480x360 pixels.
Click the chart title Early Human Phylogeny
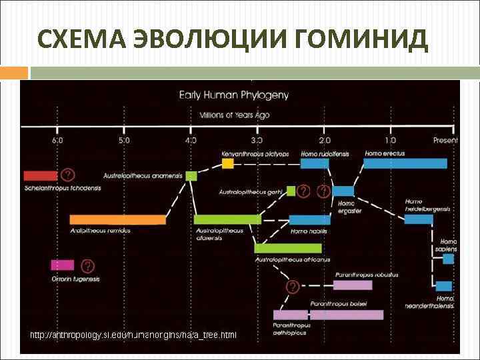click(x=234, y=95)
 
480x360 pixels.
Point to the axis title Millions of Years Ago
click(x=238, y=115)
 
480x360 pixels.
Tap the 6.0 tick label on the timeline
click(x=58, y=140)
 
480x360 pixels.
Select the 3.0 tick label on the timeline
click(x=257, y=140)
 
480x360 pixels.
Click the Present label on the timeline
click(x=445, y=140)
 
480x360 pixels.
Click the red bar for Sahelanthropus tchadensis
click(x=41, y=176)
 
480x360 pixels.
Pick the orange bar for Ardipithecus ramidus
click(x=117, y=219)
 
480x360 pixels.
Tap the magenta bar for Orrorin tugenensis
click(x=62, y=265)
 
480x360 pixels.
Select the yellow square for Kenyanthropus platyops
click(x=228, y=163)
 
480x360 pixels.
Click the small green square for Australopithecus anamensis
click(x=191, y=176)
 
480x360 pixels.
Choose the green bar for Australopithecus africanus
click(x=288, y=248)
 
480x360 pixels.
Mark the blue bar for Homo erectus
click(x=405, y=163)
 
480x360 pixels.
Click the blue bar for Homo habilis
click(x=309, y=220)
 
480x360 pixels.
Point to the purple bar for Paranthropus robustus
click(x=353, y=285)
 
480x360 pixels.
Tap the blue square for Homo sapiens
click(x=449, y=259)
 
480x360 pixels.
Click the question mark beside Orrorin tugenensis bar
click(x=87, y=265)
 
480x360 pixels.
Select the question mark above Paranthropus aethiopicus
click(x=292, y=287)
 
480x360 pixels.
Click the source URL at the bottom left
click(x=133, y=334)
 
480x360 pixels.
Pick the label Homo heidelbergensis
click(x=427, y=205)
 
